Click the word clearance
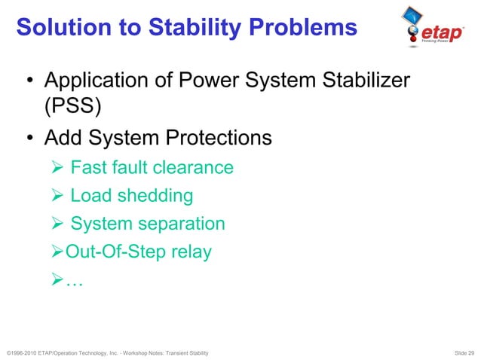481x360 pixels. [196, 167]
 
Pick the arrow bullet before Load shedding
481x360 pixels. [58, 196]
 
